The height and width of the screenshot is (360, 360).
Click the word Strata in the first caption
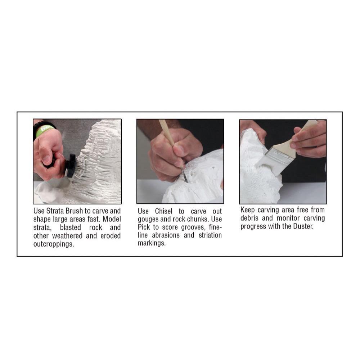[x=55, y=211]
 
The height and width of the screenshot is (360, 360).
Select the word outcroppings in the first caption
[x=54, y=244]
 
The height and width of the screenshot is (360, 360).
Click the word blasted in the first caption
[x=71, y=228]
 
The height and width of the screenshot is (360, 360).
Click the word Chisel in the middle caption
[x=163, y=211]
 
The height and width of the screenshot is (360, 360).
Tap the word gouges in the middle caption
[x=148, y=219]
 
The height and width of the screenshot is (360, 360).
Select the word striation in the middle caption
[x=210, y=235]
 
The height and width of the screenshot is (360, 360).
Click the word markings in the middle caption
[x=152, y=243]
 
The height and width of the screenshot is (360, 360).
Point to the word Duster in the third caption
[x=303, y=226]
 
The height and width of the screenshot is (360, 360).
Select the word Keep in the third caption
[x=248, y=210]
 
